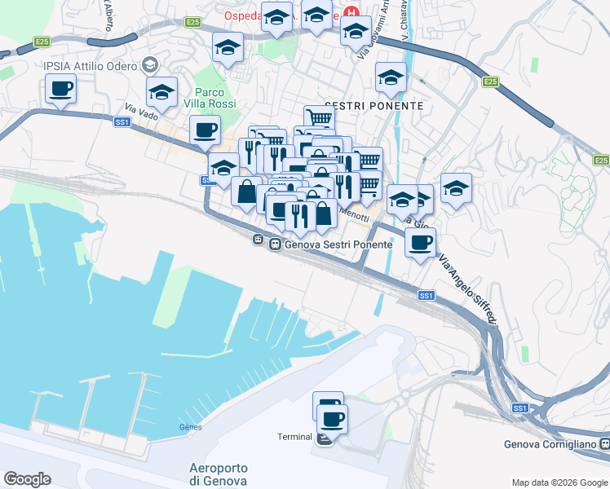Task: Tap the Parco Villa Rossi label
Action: point(215,98)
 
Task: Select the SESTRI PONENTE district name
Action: point(374,106)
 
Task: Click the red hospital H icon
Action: point(352,14)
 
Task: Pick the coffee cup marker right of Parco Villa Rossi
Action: point(206,128)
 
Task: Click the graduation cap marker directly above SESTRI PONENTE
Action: point(391,77)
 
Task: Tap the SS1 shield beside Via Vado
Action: point(123,121)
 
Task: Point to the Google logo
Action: point(27,479)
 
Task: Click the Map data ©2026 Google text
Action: point(559,482)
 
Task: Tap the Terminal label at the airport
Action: point(294,437)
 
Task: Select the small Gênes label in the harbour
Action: point(189,426)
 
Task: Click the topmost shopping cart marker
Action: point(320,118)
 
